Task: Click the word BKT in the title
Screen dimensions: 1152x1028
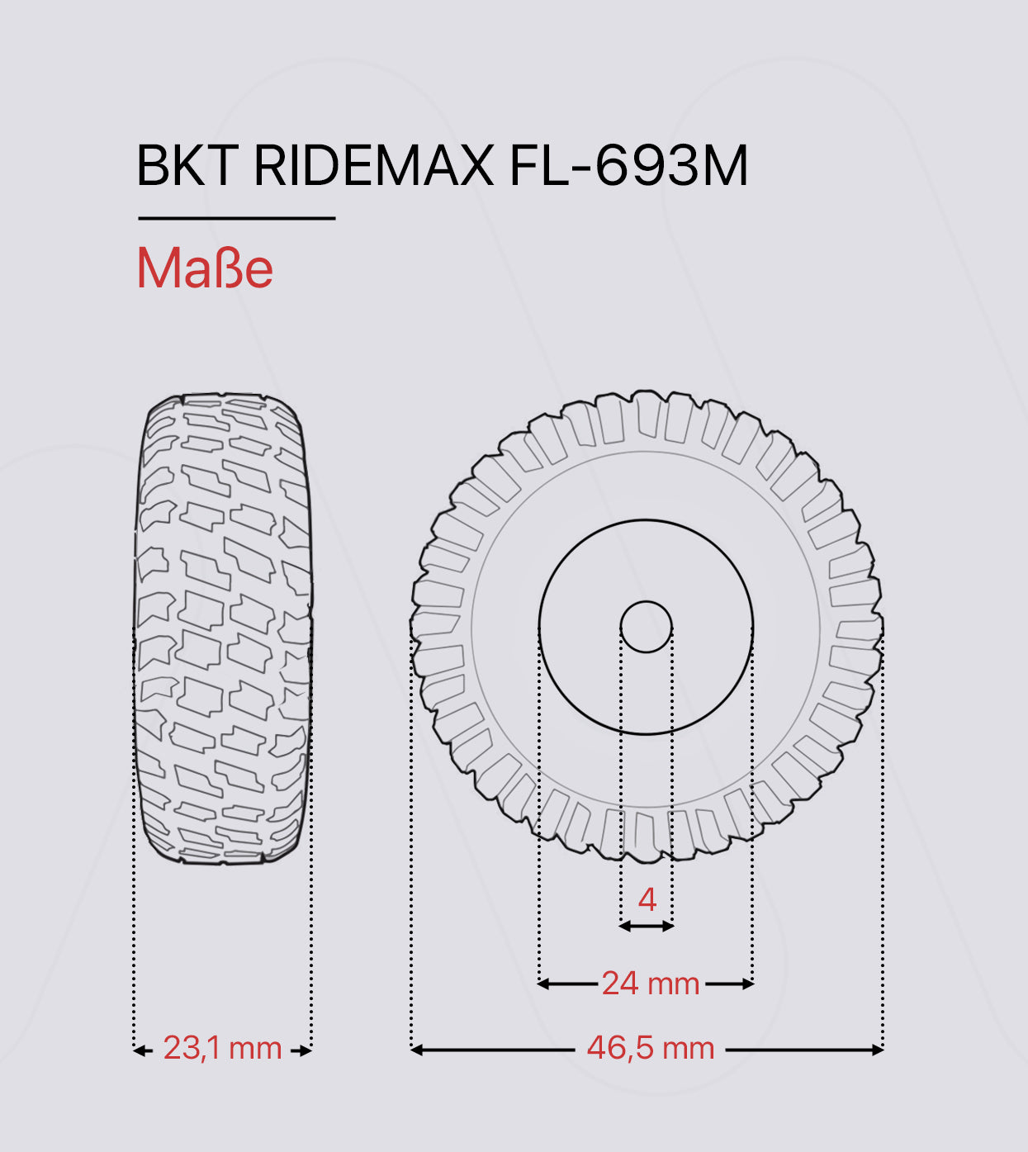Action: pos(187,166)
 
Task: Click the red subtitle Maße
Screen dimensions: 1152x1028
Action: pos(205,268)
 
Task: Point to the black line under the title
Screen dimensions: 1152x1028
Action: pos(236,218)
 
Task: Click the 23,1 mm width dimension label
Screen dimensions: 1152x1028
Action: pos(222,1048)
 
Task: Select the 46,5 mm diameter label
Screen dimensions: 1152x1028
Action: pos(650,1048)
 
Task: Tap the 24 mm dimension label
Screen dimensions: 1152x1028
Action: pos(650,984)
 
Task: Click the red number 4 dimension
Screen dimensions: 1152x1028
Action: pos(647,899)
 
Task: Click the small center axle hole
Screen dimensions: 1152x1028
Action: pos(646,627)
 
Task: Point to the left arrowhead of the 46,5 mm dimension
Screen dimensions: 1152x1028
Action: pos(416,1050)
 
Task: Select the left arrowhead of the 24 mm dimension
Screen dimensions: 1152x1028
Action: pos(543,984)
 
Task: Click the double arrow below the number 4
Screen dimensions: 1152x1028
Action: pos(647,927)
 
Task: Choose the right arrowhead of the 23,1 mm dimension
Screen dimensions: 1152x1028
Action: pos(306,1050)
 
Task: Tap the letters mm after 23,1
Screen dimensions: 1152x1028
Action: pos(256,1049)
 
